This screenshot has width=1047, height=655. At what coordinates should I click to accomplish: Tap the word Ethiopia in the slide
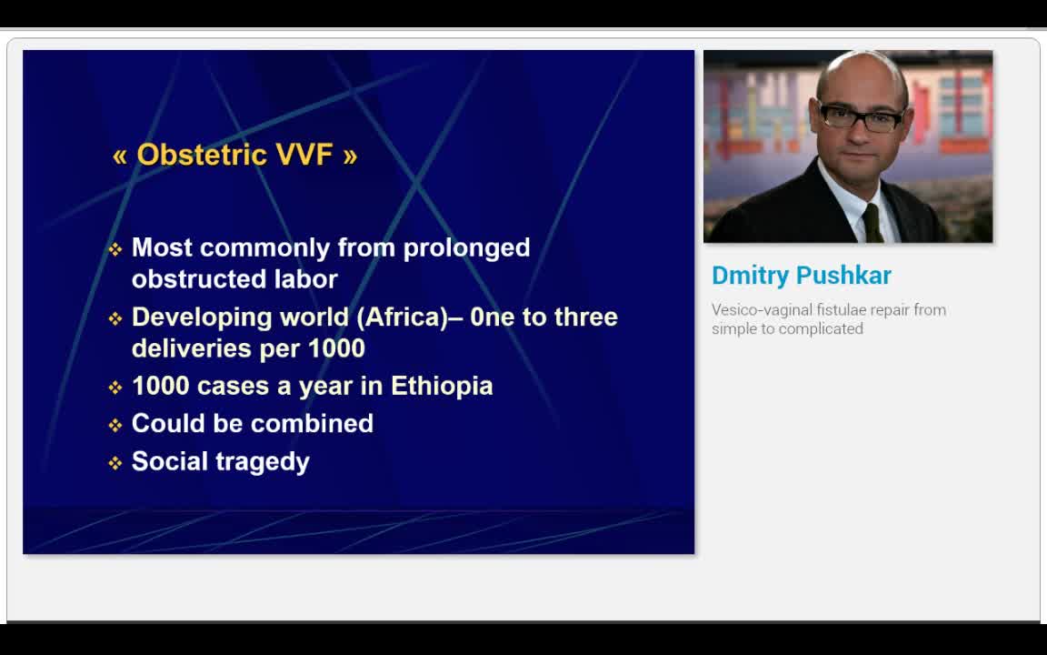(442, 386)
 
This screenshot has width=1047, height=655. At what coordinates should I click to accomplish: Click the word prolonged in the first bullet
(467, 248)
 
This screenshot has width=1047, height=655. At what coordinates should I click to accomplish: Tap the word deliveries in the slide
(191, 348)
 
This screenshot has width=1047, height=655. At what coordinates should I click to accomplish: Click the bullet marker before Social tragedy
(115, 463)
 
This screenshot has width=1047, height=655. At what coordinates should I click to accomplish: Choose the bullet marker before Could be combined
(115, 425)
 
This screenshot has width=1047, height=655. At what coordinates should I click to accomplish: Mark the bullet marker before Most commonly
(115, 250)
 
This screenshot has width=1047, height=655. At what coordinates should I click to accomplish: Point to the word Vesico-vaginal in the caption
(753, 311)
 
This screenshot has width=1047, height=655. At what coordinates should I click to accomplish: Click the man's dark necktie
(872, 223)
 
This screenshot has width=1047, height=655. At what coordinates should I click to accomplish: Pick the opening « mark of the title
(120, 157)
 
